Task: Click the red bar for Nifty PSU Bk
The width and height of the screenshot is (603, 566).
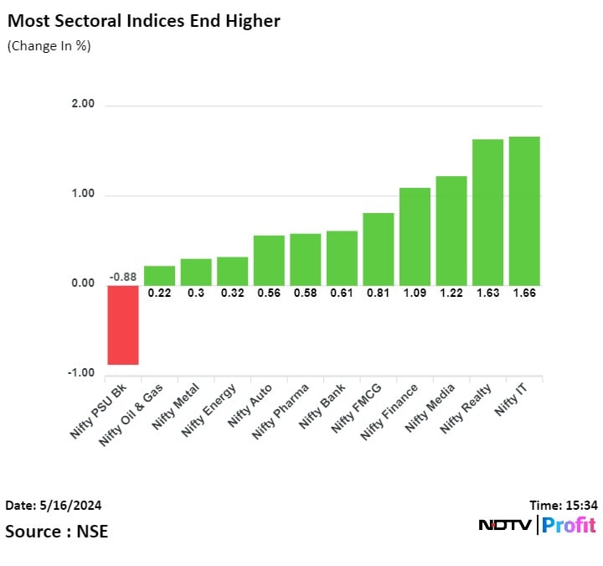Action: (123, 325)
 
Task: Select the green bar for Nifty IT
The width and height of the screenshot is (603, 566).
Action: (524, 210)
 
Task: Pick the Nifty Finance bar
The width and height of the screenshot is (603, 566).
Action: (415, 236)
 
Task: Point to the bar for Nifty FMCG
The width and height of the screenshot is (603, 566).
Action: (378, 249)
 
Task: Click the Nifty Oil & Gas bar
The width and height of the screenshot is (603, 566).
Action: (159, 276)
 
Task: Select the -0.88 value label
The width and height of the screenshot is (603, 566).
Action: (123, 278)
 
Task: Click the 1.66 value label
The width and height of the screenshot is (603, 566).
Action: (524, 293)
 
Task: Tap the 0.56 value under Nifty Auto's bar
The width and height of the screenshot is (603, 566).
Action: (269, 293)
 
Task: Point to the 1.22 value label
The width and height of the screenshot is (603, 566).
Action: (451, 293)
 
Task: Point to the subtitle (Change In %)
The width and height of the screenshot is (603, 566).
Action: (49, 46)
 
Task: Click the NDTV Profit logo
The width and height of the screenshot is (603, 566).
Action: (537, 526)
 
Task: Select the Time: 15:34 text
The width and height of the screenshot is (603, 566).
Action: (563, 505)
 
